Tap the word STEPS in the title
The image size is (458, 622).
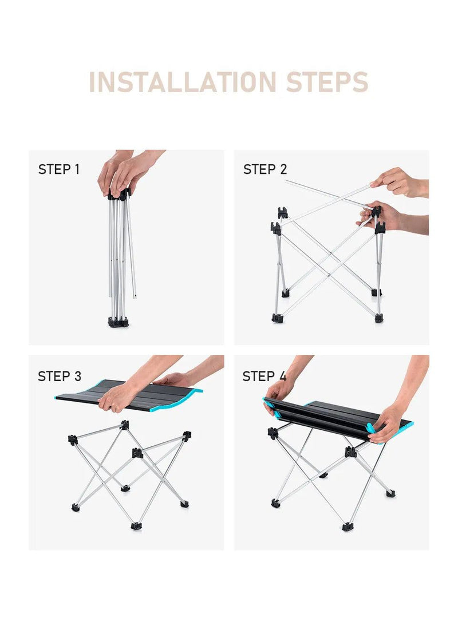327,82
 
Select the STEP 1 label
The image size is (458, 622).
59,169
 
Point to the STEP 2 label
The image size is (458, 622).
264,169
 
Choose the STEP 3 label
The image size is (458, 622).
60,375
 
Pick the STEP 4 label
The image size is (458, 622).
264,375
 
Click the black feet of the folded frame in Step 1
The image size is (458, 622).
119,322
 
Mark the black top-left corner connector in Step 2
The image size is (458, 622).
282,213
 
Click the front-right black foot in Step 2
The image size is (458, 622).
380,318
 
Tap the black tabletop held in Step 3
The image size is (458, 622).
119,395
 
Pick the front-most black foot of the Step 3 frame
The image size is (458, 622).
136,526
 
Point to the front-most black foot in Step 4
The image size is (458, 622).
348,527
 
